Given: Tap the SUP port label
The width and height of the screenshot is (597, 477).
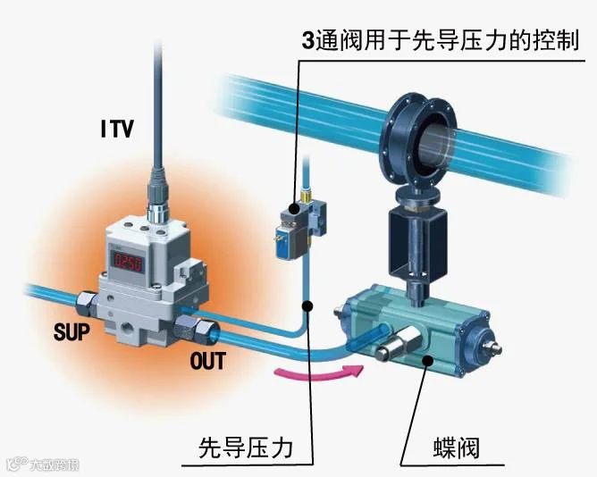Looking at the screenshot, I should point(71,333).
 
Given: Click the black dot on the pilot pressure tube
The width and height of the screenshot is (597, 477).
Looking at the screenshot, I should point(307,306).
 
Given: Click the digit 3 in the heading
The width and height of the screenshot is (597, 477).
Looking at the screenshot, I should point(308,42).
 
